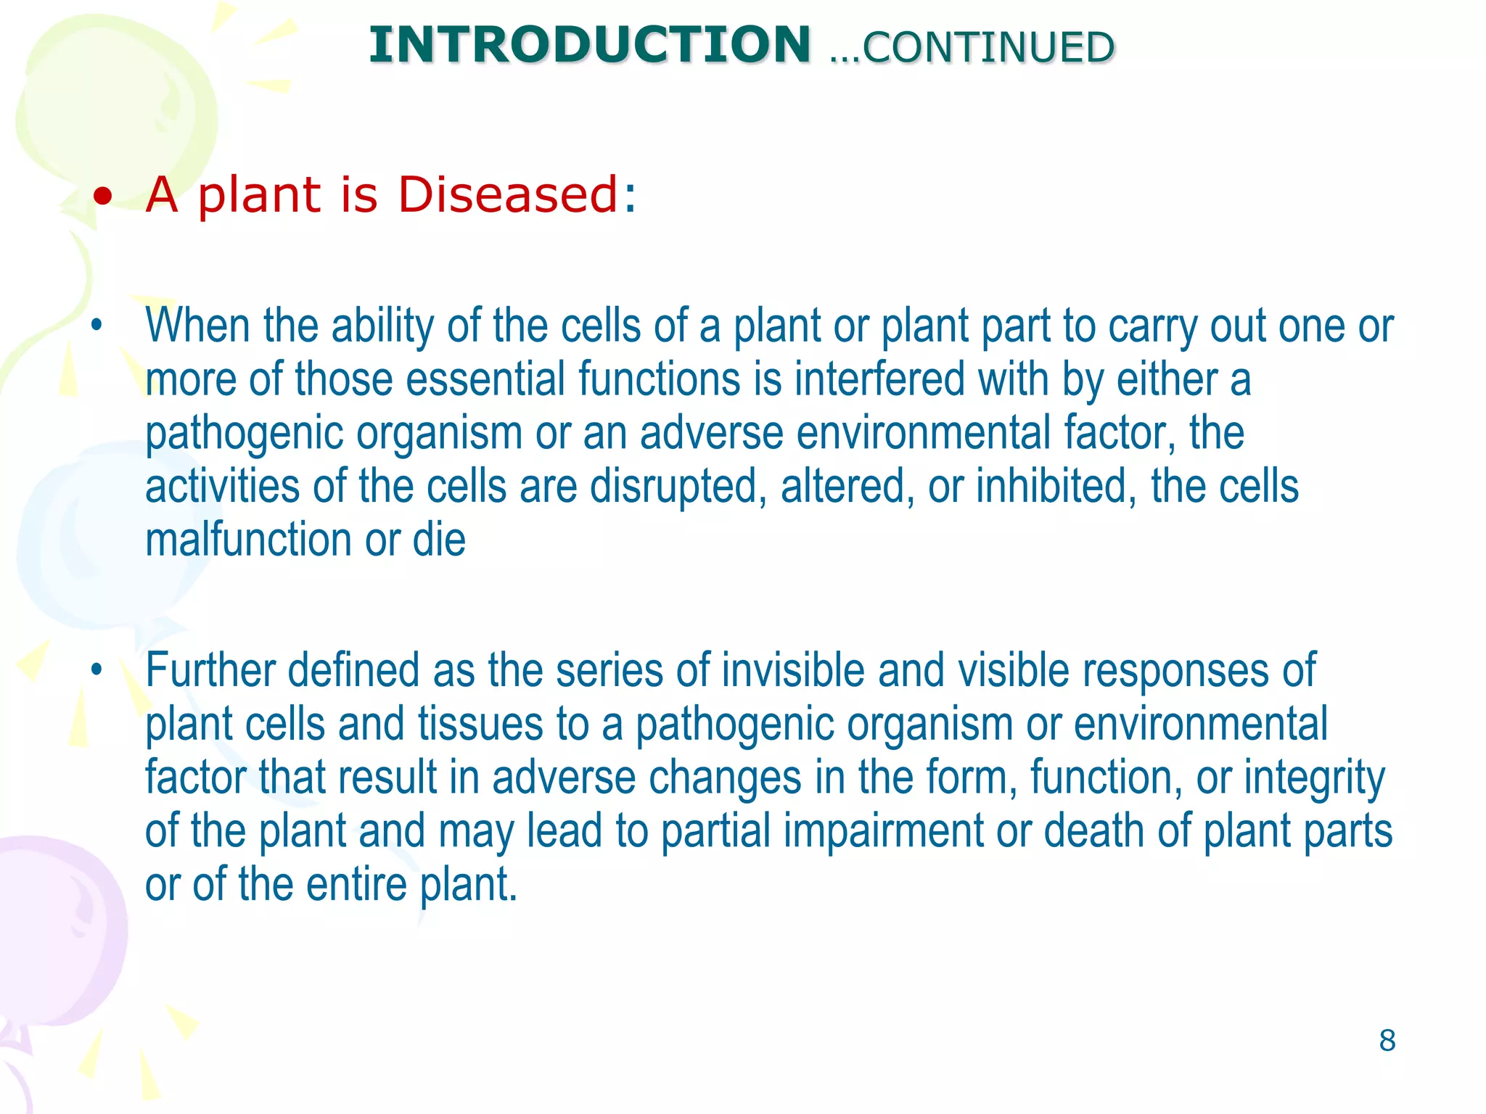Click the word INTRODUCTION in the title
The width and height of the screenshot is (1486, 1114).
tap(589, 45)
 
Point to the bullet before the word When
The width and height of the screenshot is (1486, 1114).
tap(97, 326)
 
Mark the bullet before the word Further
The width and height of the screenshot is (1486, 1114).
tap(97, 669)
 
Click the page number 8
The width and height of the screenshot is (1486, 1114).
tap(1387, 1041)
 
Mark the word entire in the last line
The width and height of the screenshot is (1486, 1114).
tap(356, 885)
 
